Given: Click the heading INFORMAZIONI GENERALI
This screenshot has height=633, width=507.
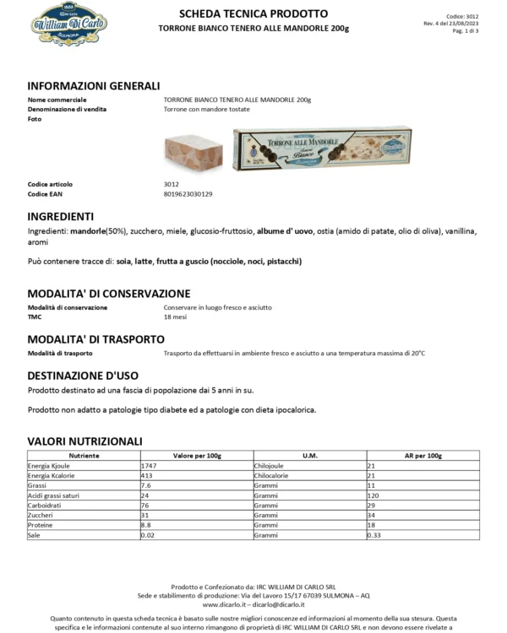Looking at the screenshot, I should pos(93,86).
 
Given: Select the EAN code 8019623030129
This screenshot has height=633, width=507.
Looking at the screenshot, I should pos(188,194).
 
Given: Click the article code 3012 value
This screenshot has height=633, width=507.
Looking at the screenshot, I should pos(172,183).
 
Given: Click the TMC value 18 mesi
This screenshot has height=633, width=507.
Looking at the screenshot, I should pos(176,317).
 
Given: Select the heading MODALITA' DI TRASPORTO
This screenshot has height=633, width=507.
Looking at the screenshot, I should pos(95,339).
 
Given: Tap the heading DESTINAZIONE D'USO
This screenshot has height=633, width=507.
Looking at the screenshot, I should pos(83,376).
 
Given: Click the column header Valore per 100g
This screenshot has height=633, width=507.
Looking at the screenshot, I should pos(197,455).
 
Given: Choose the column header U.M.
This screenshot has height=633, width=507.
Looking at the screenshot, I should pos(309,455).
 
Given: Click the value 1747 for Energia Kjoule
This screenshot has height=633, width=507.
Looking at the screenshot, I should pos(149,466).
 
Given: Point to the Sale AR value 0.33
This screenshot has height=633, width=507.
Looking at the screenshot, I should pos(373,535).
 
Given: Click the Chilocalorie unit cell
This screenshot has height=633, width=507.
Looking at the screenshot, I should pos(275,476).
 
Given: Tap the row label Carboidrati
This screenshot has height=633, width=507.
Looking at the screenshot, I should pos(46,506).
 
